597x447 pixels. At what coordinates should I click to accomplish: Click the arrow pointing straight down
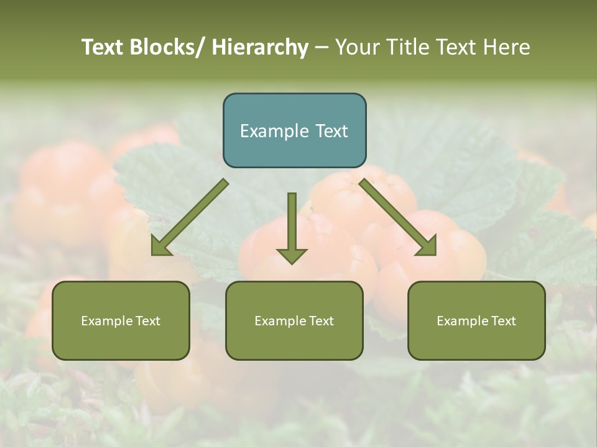292,227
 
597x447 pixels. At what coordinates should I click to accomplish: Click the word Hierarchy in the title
260,47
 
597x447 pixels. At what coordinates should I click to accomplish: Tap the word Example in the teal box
274,131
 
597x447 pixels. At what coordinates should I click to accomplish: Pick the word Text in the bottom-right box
503,321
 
